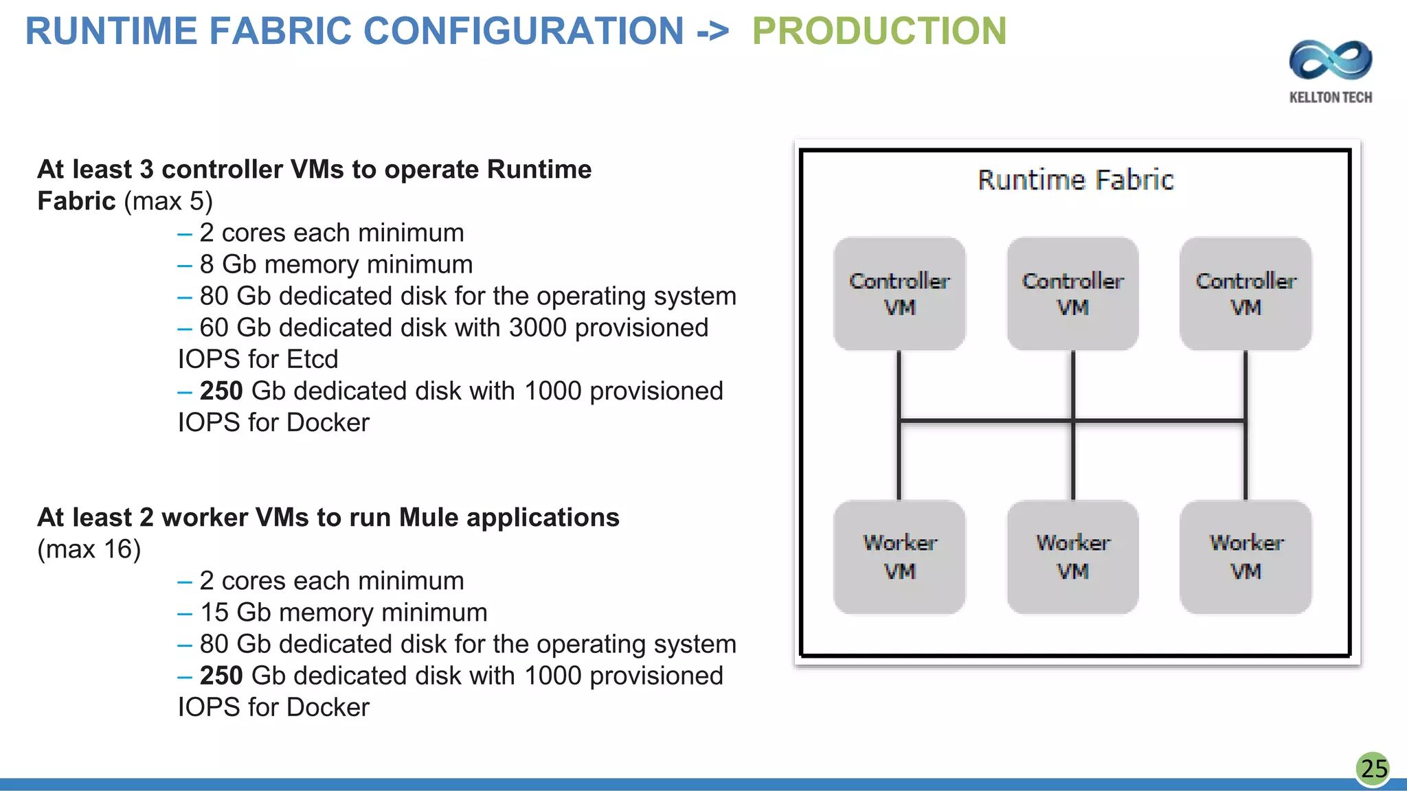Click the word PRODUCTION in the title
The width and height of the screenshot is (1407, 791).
point(879,32)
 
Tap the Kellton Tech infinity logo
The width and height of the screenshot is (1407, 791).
point(1330,60)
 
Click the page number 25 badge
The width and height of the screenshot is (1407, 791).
point(1373,768)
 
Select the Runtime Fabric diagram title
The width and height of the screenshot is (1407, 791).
point(1075,181)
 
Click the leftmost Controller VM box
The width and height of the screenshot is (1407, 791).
point(899,294)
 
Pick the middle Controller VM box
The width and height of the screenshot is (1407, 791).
point(1072,294)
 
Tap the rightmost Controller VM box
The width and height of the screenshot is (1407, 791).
point(1246,294)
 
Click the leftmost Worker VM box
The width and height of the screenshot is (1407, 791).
point(899,557)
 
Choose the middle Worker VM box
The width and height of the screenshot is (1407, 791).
point(1072,557)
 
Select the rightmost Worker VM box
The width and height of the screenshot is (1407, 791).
point(1246,557)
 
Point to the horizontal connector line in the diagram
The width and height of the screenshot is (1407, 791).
point(987,420)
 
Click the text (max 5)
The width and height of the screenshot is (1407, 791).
point(168,202)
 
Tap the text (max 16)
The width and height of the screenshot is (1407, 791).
point(89,549)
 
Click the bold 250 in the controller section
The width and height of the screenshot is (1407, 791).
point(221,391)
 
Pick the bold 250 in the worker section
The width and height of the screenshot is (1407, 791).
point(221,676)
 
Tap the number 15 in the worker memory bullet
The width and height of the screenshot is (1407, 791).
point(214,613)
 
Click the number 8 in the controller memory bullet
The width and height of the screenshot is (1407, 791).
point(206,265)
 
